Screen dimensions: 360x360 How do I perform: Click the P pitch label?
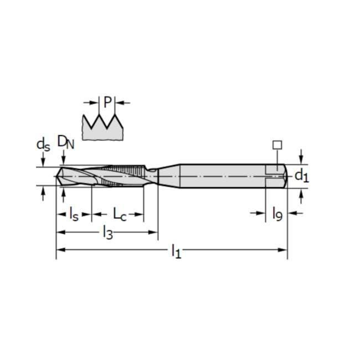[107, 102]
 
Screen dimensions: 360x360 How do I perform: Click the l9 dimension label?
[277, 213]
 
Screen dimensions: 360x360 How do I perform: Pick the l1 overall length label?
[176, 252]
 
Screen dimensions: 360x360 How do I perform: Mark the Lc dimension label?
[120, 213]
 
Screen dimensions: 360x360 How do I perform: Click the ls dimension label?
[74, 213]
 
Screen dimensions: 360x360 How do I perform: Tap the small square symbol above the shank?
[277, 145]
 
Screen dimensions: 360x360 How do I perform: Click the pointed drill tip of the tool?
[59, 176]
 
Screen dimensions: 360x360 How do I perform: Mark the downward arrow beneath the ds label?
[43, 160]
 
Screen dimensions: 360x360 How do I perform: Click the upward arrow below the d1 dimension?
[301, 194]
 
